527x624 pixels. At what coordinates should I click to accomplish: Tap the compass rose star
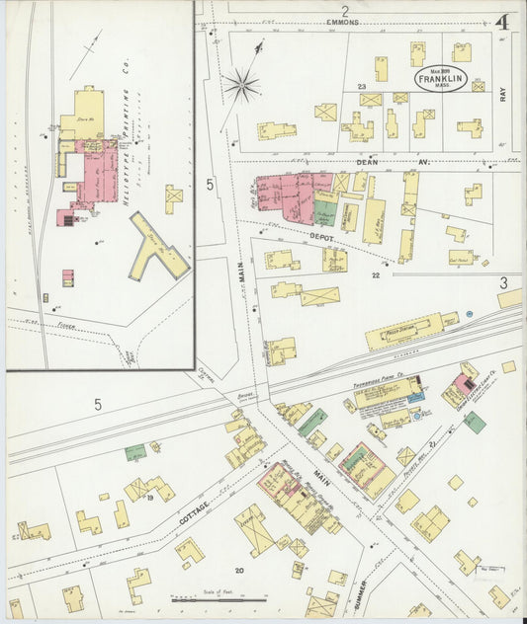coord(241,84)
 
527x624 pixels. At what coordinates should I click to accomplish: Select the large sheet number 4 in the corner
coord(502,22)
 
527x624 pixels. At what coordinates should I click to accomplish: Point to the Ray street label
coord(503,94)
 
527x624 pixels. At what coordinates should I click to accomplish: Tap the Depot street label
coord(320,238)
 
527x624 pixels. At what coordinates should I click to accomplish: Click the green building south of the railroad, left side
coord(135,452)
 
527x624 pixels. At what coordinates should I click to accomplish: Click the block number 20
coord(238,571)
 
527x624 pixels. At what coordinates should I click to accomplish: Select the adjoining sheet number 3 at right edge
coord(503,281)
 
